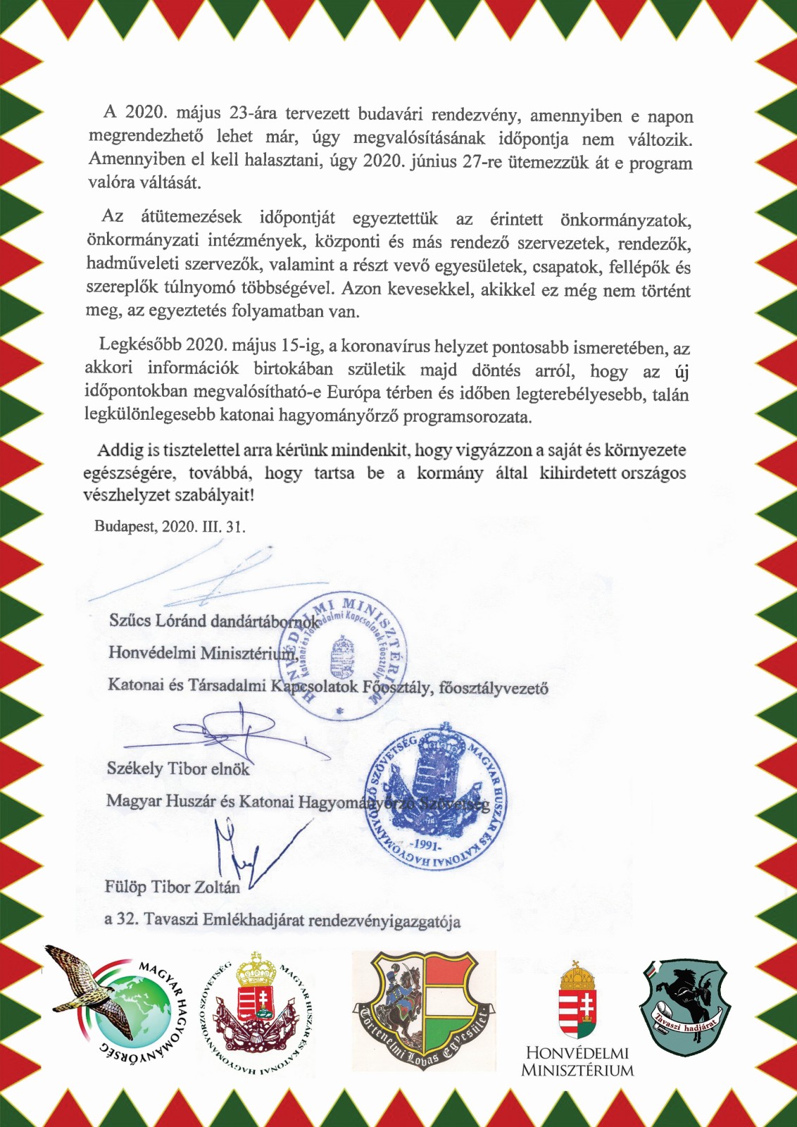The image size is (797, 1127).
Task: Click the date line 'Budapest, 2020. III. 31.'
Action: (170, 526)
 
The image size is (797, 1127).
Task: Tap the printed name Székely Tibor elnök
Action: (178, 768)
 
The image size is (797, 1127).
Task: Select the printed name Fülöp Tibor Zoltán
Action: (172, 887)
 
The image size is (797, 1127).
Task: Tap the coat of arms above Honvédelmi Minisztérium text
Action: (577, 1000)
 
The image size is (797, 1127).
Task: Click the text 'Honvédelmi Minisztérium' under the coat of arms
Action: (577, 1061)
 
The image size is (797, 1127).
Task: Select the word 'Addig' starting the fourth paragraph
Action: (119, 449)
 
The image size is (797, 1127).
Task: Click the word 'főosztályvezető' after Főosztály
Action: (494, 687)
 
